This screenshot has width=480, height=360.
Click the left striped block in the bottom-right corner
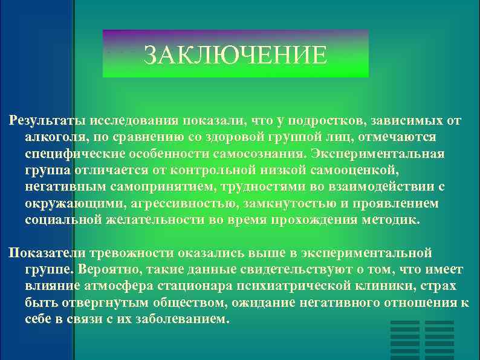[404, 340]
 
